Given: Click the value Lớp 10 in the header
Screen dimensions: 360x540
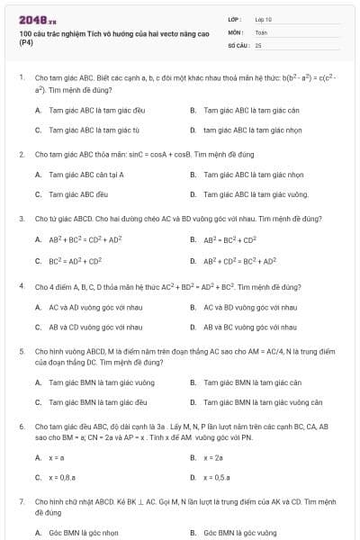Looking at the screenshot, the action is point(263,18).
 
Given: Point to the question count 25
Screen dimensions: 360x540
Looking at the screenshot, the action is point(258,44).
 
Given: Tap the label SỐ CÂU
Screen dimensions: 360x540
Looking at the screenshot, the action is point(238,44).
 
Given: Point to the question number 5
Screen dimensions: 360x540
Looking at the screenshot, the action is point(21,351).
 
